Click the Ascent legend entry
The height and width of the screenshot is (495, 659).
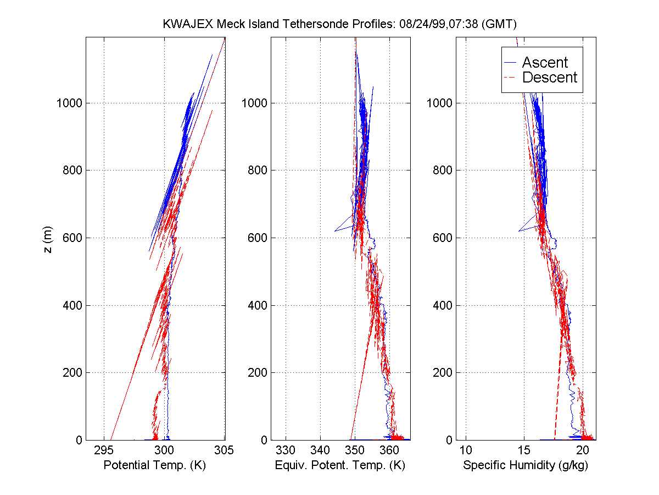coord(544,62)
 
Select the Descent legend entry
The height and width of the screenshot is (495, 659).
coord(549,78)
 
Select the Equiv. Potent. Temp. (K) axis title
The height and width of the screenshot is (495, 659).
coord(340,465)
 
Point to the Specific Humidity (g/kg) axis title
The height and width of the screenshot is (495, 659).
coord(526,465)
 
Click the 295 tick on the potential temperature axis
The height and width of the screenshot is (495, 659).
coord(104,450)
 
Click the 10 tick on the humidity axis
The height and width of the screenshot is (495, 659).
coord(466,450)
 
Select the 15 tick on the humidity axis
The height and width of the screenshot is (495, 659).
coord(524,450)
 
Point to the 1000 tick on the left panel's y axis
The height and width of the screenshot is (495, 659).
coord(69,103)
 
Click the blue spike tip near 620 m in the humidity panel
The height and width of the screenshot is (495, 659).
coord(518,231)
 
